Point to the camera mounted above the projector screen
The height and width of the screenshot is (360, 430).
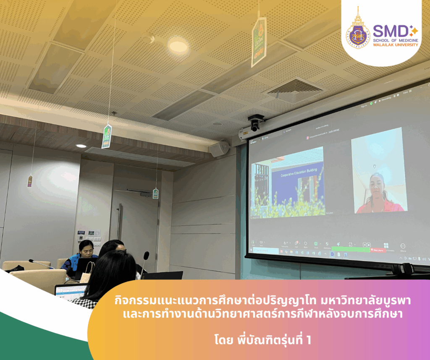(255, 123)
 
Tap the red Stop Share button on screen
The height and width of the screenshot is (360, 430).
(376, 250)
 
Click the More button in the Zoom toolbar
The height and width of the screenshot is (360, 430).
(403, 247)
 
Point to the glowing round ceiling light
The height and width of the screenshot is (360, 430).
(178, 45)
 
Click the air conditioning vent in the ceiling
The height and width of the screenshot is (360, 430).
(294, 89)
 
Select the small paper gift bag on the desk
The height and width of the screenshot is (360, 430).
(87, 276)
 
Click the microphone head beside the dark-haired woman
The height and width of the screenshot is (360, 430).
(146, 256)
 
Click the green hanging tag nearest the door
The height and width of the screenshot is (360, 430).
(155, 193)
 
